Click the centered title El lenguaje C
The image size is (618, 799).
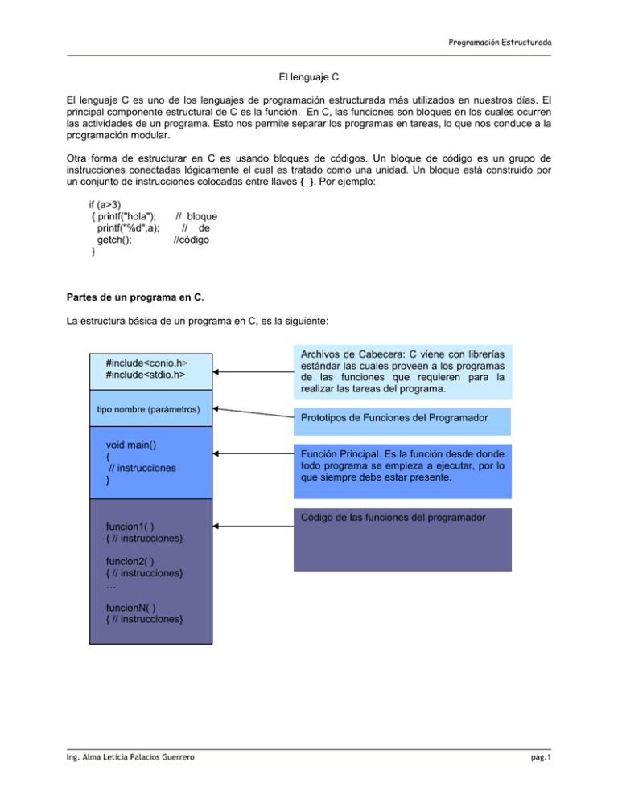pos(309,80)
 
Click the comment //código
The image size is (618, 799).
pos(196,240)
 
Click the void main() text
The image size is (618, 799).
pos(133,444)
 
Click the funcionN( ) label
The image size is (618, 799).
pos(131,607)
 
